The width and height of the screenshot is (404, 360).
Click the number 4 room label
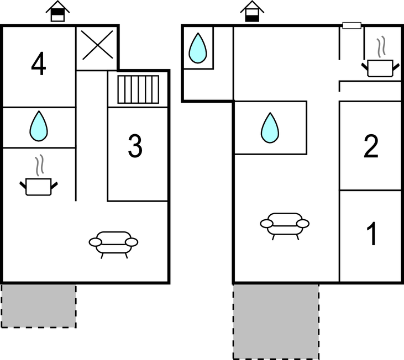coord(38,65)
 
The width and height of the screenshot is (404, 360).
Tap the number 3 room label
coord(135,146)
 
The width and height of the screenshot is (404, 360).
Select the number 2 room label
coord(371,147)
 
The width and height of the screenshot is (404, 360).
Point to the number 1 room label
coord(372,234)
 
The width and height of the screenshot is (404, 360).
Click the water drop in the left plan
coord(39,126)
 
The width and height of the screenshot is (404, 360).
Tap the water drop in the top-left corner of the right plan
coord(198,47)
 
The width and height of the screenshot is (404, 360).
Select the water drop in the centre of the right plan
coord(270,128)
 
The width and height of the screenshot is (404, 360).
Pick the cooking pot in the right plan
coord(380,67)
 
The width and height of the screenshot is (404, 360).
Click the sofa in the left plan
coord(113,243)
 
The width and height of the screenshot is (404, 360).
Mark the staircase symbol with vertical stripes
coord(139,89)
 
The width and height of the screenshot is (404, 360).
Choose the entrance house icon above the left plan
coord(57,11)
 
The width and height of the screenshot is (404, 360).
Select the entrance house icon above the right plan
coord(252,11)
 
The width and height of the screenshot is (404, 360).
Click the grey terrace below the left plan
coord(38,305)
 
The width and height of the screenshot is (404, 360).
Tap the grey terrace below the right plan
coord(276,321)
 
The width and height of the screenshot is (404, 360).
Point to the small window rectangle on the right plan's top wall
coord(351,25)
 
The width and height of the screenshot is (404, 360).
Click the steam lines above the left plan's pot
coord(38,166)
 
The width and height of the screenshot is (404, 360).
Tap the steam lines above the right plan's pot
coord(381,46)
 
